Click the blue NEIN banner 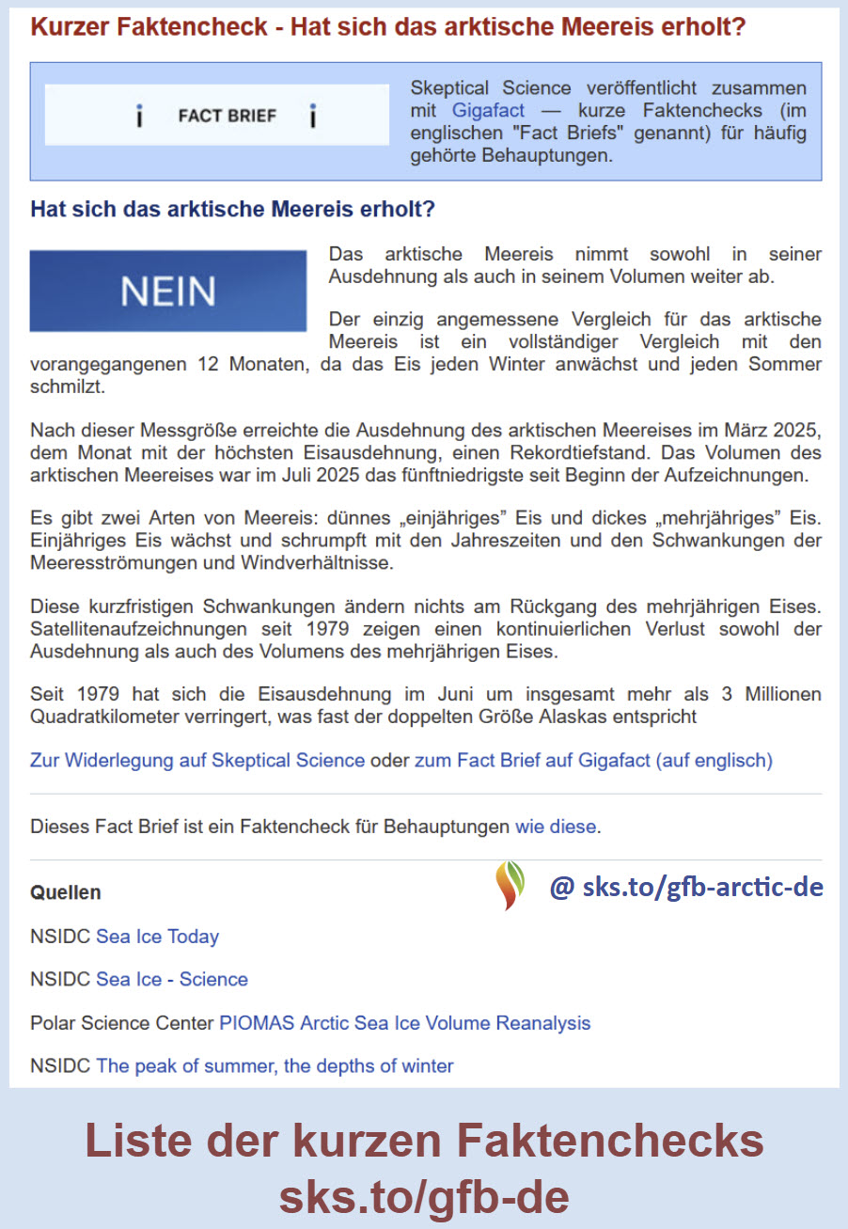[168, 291]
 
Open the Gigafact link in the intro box [488, 110]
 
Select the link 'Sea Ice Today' [157, 937]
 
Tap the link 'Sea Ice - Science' [171, 979]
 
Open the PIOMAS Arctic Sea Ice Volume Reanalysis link [404, 1022]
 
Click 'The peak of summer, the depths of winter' [275, 1065]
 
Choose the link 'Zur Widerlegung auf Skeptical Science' [197, 760]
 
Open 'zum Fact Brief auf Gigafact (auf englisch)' [593, 760]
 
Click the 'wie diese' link [555, 827]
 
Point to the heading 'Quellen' [65, 891]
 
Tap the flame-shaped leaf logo [510, 885]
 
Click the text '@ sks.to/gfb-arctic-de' [686, 887]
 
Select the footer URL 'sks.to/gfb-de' [424, 1197]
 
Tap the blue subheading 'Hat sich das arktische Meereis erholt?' [232, 209]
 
